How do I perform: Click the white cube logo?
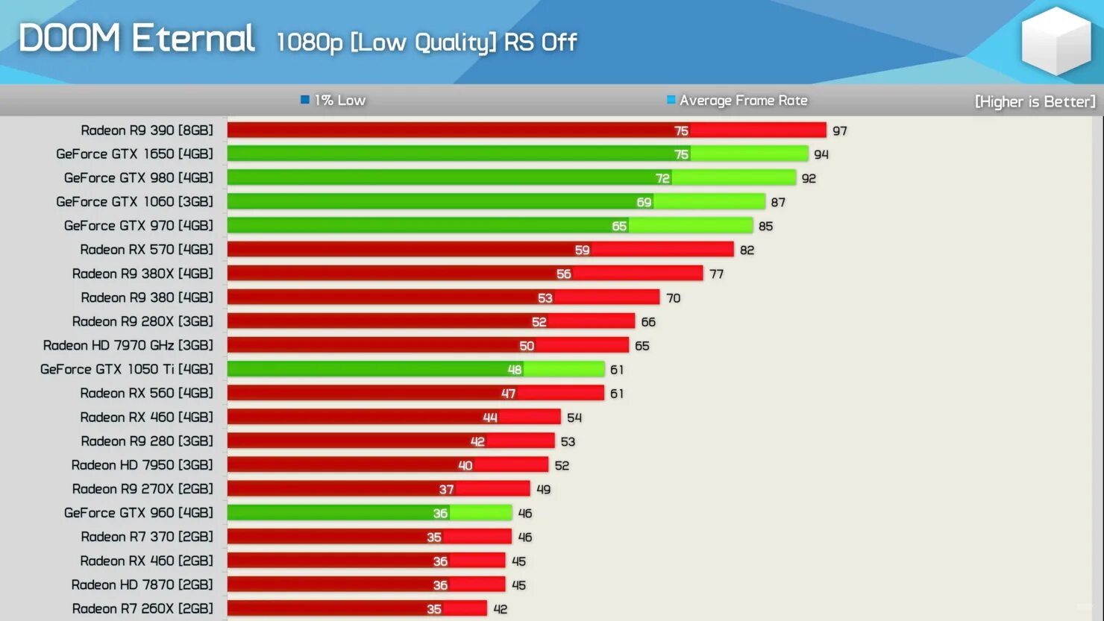[1056, 41]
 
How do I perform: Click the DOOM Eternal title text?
[137, 38]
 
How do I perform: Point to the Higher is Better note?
[1035, 101]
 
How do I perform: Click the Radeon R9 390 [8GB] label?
[147, 130]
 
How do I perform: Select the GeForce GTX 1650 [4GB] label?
[134, 154]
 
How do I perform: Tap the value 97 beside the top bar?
[840, 131]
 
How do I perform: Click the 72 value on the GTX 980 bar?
[662, 178]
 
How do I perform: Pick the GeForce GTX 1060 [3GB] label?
[134, 202]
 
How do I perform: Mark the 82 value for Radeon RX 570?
[747, 250]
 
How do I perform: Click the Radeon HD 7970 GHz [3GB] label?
[128, 345]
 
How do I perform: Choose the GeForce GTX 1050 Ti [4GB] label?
[126, 369]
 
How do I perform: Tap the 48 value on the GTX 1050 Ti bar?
[515, 370]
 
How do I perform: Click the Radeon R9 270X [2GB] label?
[142, 489]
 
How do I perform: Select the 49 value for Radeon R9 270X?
[543, 490]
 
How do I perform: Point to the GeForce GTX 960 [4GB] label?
[138, 513]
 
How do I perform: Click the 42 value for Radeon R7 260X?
[501, 609]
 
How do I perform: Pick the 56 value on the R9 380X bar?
[564, 274]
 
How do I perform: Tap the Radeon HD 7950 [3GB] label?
[142, 465]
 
